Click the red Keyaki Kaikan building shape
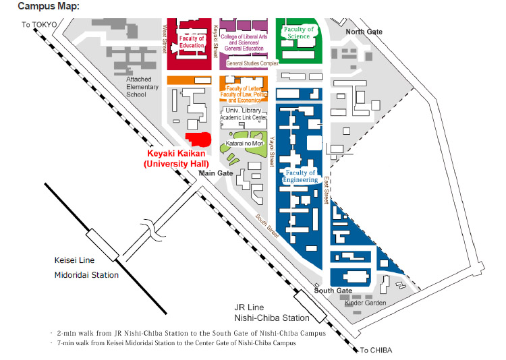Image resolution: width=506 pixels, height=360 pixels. click(x=198, y=140)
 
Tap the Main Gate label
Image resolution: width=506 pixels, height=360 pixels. click(x=216, y=173)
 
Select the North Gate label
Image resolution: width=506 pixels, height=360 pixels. click(x=364, y=32)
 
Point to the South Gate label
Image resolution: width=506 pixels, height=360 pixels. click(x=333, y=291)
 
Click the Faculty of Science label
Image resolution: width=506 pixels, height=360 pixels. click(x=299, y=32)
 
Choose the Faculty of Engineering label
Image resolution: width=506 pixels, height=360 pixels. click(x=300, y=176)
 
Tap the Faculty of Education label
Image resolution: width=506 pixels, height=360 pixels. click(x=192, y=42)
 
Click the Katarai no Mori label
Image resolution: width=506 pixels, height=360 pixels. click(x=245, y=143)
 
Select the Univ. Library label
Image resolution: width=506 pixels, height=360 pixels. click(x=244, y=111)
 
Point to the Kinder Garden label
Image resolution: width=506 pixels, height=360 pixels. click(x=365, y=303)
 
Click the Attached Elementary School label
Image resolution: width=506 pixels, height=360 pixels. click(x=142, y=87)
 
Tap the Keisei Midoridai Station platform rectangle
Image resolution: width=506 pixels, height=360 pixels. click(x=103, y=245)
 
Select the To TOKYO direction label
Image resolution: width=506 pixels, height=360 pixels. click(x=39, y=25)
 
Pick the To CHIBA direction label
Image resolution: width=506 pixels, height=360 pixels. click(x=376, y=350)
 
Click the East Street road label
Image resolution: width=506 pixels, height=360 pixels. click(x=327, y=190)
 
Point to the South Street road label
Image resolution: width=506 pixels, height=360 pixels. click(x=267, y=226)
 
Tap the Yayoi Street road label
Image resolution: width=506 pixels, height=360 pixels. click(x=272, y=152)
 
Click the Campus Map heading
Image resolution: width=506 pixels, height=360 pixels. click(x=49, y=6)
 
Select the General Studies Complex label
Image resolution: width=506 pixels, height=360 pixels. click(x=252, y=63)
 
